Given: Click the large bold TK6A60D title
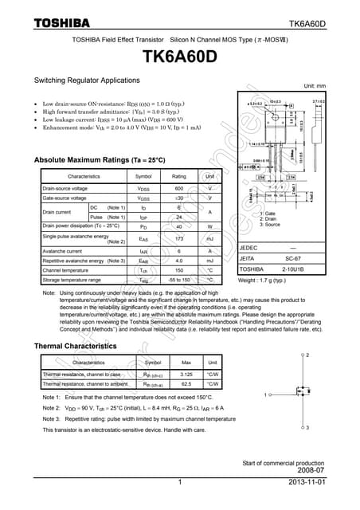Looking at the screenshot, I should coord(179,57).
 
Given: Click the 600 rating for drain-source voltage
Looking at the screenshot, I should coord(179,188).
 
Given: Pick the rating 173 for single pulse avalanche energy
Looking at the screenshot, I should coord(179,238).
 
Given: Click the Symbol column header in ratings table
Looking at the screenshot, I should coord(143,176).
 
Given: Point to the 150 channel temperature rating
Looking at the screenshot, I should coord(179,270).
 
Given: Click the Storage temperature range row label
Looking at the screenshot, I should coord(72,280).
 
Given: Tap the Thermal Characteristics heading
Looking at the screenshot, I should coord(76,346).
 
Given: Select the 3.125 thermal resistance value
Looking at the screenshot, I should coord(187,374).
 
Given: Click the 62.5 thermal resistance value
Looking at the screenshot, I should coord(187,383).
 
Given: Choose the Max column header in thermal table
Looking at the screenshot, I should coord(187,363).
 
